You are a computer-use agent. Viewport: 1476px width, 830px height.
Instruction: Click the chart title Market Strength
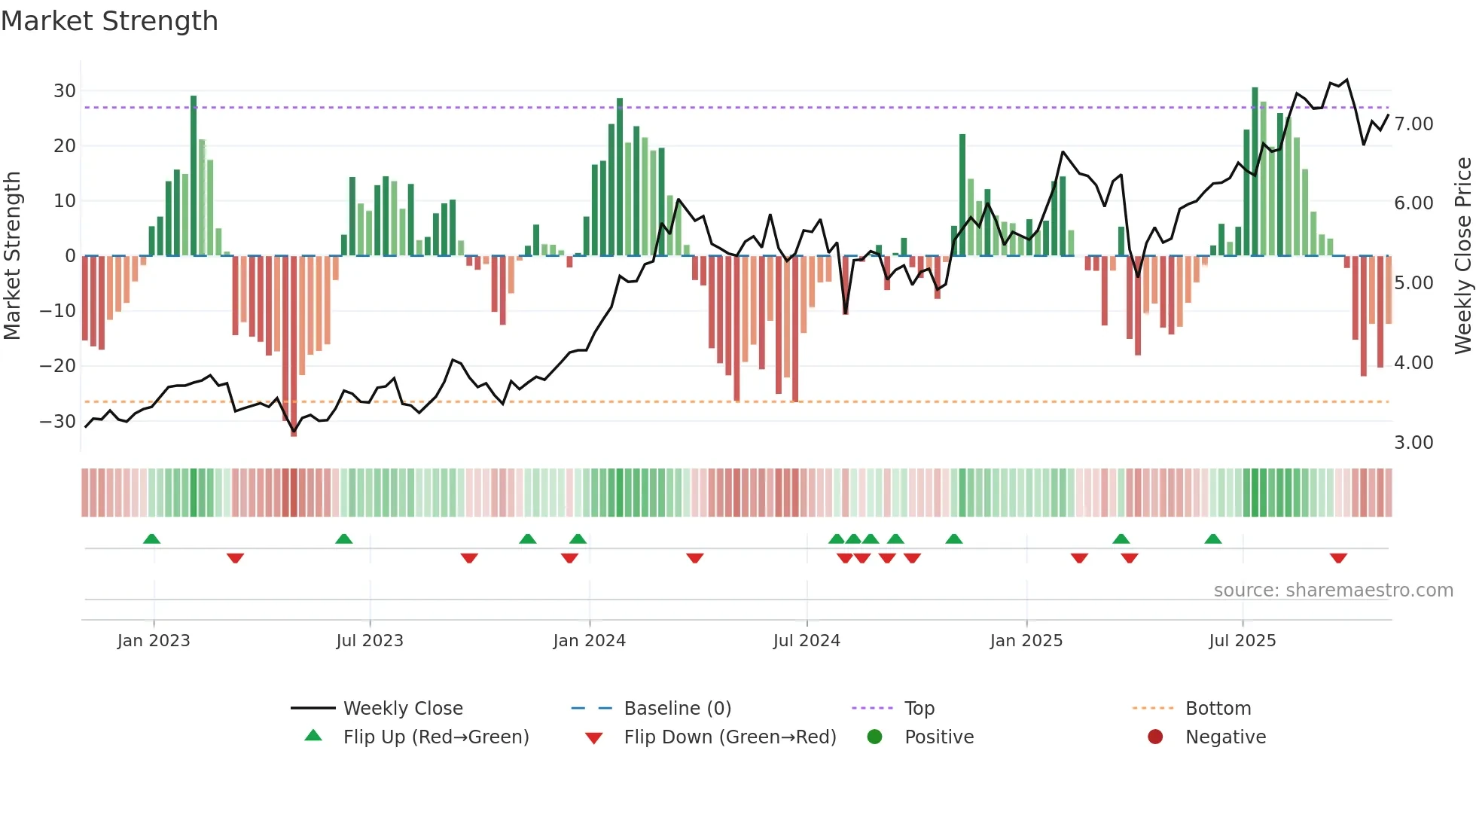[x=109, y=21]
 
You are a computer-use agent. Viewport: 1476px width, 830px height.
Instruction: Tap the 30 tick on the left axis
[x=65, y=91]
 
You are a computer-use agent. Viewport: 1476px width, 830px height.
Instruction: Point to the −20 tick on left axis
[x=58, y=366]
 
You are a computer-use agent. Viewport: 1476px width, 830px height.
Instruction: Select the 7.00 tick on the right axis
[x=1413, y=124]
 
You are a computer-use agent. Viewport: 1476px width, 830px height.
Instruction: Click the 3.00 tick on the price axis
[x=1413, y=443]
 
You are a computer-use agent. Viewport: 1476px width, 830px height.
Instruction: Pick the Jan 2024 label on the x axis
[x=589, y=641]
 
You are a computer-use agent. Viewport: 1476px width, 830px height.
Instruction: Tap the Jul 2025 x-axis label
[x=1242, y=641]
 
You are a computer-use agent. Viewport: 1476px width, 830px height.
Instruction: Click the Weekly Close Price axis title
[x=1462, y=256]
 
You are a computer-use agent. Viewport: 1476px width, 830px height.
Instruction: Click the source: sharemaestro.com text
[x=1333, y=590]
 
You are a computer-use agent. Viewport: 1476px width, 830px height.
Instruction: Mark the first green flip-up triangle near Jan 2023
[x=151, y=539]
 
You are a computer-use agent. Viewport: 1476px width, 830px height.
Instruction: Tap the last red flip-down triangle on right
[x=1338, y=558]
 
